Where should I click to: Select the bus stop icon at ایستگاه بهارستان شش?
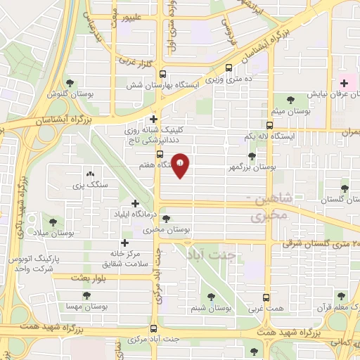click(x=162, y=73)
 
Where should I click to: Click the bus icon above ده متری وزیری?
click(x=229, y=68)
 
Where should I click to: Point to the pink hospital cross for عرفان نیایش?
click(x=343, y=83)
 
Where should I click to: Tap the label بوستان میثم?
click(x=292, y=111)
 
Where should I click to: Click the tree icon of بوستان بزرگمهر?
click(x=252, y=156)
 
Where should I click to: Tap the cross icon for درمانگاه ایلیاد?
click(x=135, y=203)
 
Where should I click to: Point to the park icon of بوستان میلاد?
click(x=51, y=221)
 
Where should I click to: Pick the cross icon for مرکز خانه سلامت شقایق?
click(x=124, y=242)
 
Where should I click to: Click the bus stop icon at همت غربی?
click(x=266, y=297)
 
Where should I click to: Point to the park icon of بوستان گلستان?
click(x=344, y=188)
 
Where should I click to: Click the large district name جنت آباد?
click(x=212, y=255)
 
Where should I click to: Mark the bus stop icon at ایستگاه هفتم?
click(x=160, y=154)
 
